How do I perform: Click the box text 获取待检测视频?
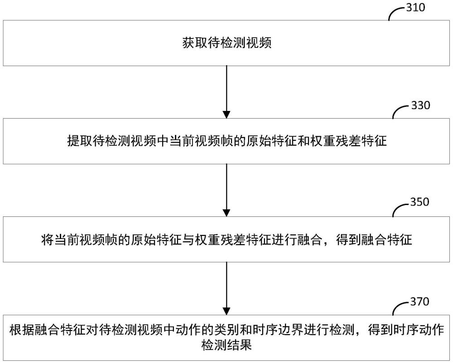[x=226, y=43]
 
